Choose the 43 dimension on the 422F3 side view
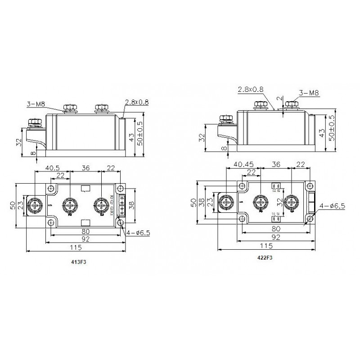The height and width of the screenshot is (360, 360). tap(321, 133)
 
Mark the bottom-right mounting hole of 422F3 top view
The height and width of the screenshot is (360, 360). tap(309, 219)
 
